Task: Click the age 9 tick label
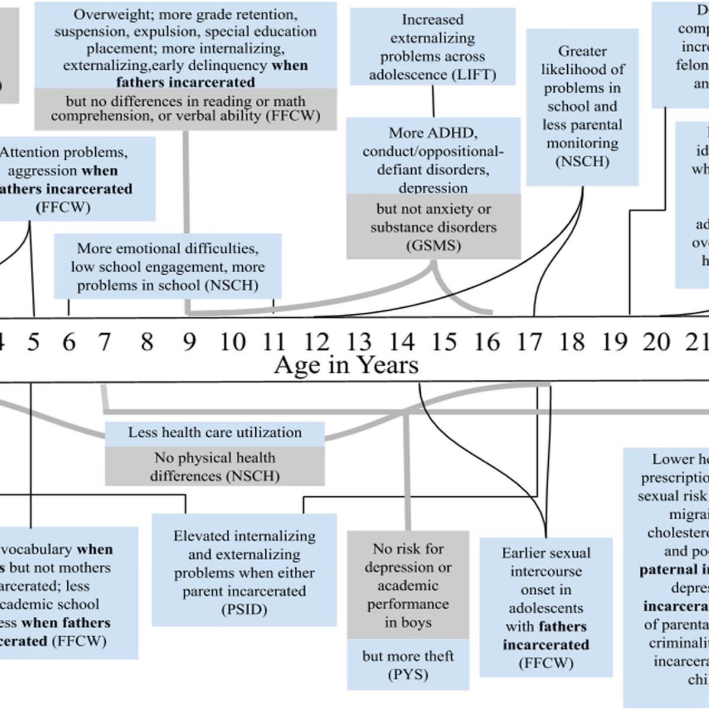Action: tap(189, 342)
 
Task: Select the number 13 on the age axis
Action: tap(358, 342)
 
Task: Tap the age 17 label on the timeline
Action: tap(529, 342)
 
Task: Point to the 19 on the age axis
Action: tap(614, 342)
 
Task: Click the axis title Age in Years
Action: tap(346, 365)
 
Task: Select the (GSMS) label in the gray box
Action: tap(433, 246)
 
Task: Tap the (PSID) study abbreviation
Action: tap(244, 610)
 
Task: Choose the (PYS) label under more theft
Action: tap(408, 675)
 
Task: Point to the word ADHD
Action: tap(454, 132)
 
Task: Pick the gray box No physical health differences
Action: tap(214, 466)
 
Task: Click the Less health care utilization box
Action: tap(214, 432)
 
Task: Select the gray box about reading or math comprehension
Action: tap(186, 109)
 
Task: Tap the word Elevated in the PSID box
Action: tap(201, 536)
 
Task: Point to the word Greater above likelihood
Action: tap(582, 51)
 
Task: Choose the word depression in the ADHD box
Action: tap(433, 188)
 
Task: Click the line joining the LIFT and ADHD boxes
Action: tap(433, 101)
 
